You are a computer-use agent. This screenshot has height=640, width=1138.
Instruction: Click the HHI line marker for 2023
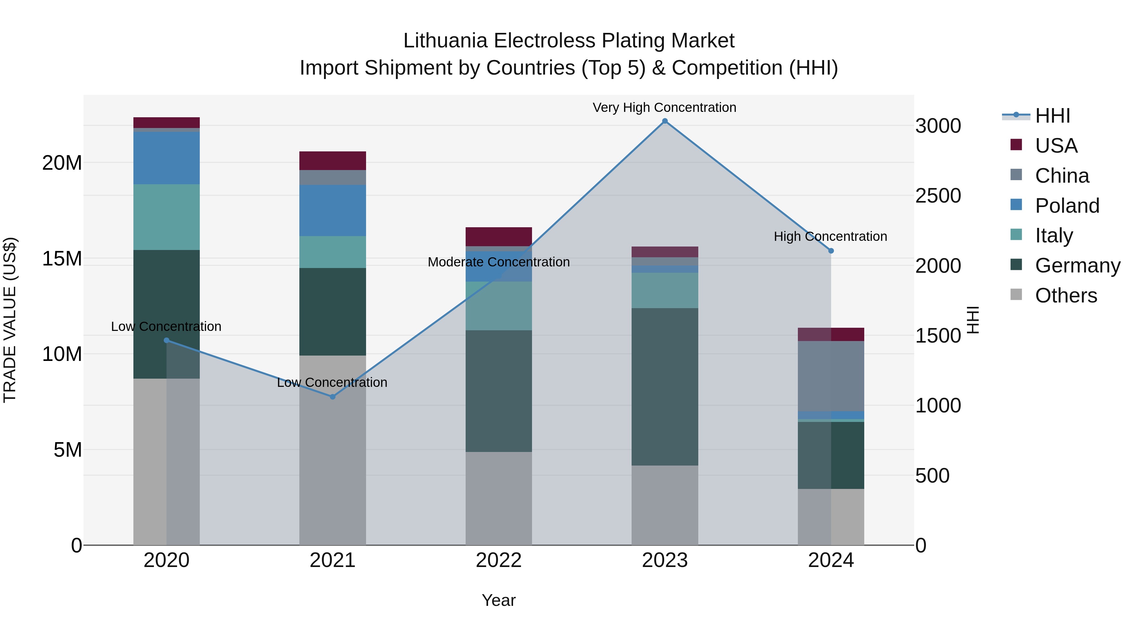[x=664, y=121]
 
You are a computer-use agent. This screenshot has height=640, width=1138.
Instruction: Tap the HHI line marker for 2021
[x=333, y=397]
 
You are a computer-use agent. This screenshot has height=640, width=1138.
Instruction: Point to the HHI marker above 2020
[x=167, y=340]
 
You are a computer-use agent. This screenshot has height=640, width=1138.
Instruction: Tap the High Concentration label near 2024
[x=830, y=236]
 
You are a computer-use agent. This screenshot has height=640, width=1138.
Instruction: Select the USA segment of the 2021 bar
[x=333, y=161]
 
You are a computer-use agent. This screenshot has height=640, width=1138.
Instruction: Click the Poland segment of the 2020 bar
[x=167, y=158]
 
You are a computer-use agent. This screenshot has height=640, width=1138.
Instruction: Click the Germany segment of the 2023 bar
[x=664, y=387]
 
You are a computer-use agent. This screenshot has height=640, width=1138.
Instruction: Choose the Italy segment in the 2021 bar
[x=333, y=252]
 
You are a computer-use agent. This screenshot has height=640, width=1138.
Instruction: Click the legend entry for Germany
[x=1078, y=265]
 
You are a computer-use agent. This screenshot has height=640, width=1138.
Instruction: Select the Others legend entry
[x=1066, y=296]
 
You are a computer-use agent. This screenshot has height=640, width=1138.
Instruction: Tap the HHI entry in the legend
[x=1052, y=116]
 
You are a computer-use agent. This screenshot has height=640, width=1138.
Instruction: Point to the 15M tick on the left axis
[x=62, y=259]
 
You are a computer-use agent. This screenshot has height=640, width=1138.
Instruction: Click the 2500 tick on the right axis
[x=938, y=196]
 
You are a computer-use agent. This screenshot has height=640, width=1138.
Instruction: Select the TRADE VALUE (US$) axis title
[x=10, y=320]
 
